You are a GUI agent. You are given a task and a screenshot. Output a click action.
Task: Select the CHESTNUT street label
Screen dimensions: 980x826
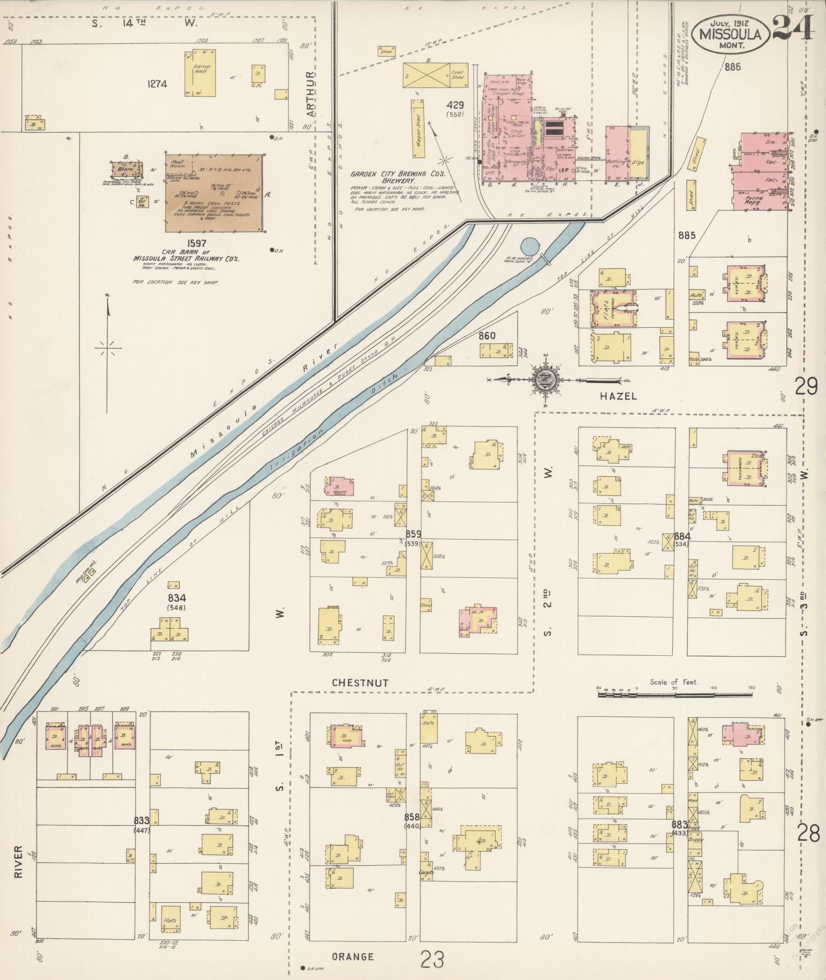tap(360, 683)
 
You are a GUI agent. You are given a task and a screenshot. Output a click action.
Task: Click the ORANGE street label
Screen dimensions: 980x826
tap(352, 956)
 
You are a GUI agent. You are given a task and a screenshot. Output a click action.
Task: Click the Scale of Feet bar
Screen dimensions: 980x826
tap(676, 695)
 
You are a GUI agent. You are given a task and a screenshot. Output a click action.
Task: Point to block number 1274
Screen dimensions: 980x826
tap(157, 84)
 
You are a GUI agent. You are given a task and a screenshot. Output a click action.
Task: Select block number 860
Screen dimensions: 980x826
tap(487, 336)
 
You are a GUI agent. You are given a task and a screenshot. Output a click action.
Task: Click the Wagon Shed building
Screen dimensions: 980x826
tap(417, 129)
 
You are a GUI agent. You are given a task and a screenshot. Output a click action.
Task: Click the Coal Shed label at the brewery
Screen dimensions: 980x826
tap(457, 74)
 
